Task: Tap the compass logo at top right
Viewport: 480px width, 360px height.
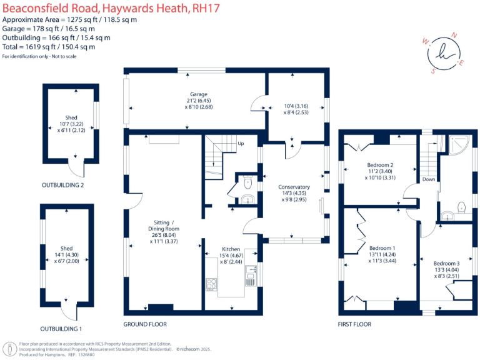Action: pos(444,53)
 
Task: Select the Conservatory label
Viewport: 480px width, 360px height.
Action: pos(294,187)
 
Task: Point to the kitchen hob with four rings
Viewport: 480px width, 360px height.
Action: pos(211,284)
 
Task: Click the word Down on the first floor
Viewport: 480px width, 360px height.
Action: pos(428,179)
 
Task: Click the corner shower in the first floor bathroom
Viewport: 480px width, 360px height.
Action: pos(462,144)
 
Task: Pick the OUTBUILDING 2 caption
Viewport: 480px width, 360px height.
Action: pos(62,185)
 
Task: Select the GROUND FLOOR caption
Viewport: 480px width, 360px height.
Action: pos(145,324)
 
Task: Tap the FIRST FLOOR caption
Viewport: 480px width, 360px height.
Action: pos(354,324)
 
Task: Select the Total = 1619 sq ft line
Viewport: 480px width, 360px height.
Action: pos(49,47)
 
